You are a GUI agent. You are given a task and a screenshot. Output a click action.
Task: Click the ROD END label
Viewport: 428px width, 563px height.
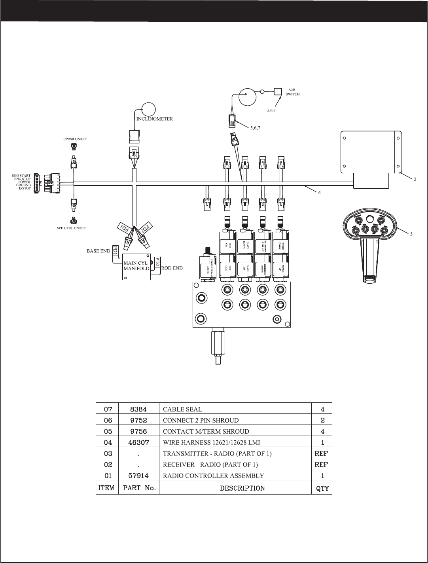[172, 268]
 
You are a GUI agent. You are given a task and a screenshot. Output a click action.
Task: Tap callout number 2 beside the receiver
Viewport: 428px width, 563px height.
[415, 179]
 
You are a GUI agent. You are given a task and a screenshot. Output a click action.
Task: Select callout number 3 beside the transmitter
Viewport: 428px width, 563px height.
[411, 234]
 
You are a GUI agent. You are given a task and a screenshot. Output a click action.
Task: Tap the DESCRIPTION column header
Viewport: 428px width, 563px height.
[242, 488]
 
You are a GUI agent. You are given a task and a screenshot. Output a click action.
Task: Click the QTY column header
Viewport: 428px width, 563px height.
[322, 488]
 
